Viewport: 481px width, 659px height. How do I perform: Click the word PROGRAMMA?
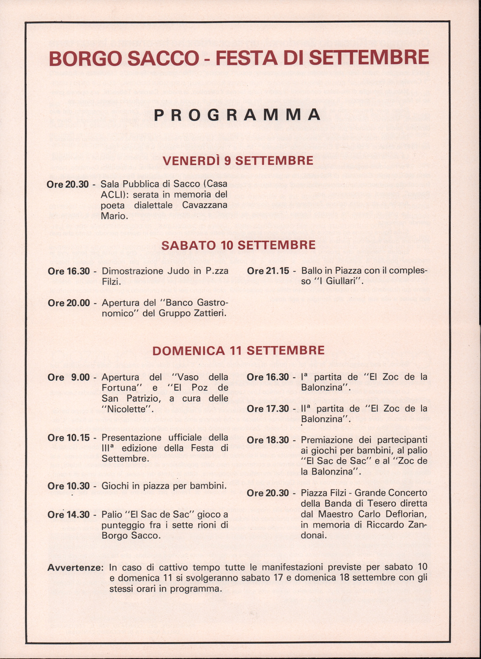coord(238,115)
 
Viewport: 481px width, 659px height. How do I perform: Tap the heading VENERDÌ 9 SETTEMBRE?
coord(238,161)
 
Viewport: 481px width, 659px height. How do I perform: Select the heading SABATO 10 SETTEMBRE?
coord(239,245)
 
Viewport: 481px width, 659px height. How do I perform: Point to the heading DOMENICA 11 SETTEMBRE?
coord(239,351)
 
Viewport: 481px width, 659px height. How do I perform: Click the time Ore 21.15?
coord(268,271)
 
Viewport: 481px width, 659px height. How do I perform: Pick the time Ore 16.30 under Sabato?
coord(69,272)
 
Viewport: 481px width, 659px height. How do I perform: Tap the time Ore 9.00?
coord(69,377)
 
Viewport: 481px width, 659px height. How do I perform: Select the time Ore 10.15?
coord(69,438)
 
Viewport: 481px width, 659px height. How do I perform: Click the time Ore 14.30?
coord(69,514)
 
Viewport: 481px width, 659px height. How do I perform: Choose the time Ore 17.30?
coord(268,409)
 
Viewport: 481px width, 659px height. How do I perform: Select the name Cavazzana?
coord(205,205)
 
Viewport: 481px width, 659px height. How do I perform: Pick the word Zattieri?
coord(210,313)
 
